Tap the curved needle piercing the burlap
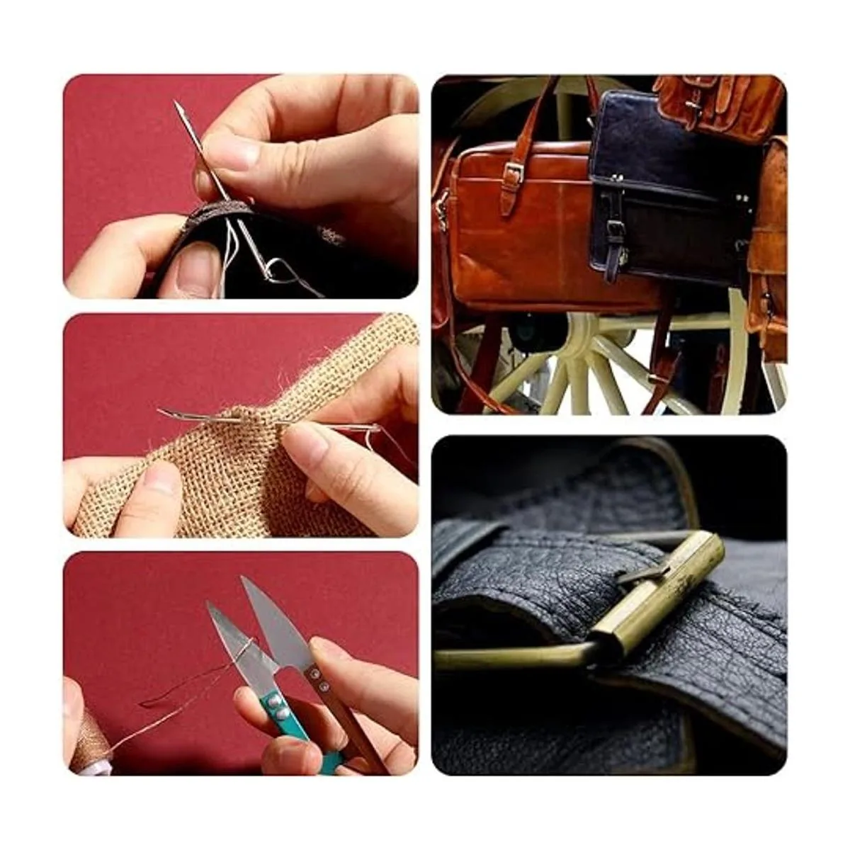(x=212, y=419)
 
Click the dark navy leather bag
(x=666, y=184)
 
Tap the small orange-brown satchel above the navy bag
(x=715, y=103)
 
